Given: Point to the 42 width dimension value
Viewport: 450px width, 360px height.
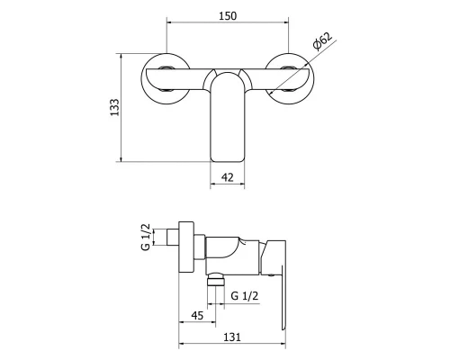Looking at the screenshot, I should (x=229, y=178).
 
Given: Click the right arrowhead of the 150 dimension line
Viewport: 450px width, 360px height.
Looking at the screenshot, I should (x=285, y=27).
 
